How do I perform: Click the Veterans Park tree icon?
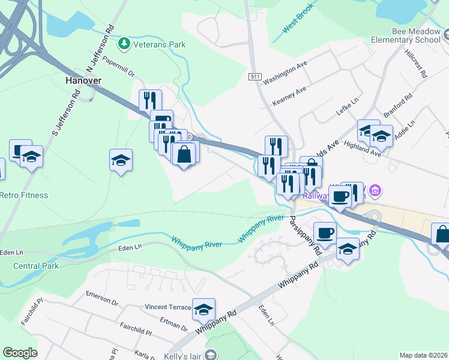124,44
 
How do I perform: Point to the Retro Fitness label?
24,195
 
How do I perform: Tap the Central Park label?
36,266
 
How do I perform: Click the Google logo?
20,353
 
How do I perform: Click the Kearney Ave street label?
289,95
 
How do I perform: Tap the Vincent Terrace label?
168,307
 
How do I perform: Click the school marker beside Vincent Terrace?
203,310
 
